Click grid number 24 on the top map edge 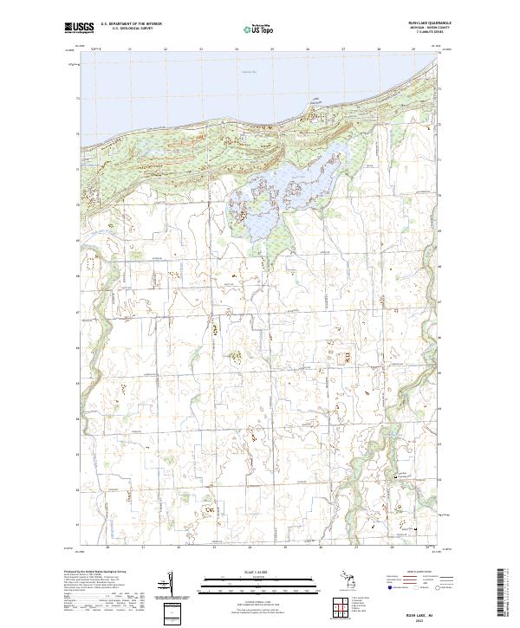237,49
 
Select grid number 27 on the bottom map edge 356,547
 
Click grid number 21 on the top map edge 129,49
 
